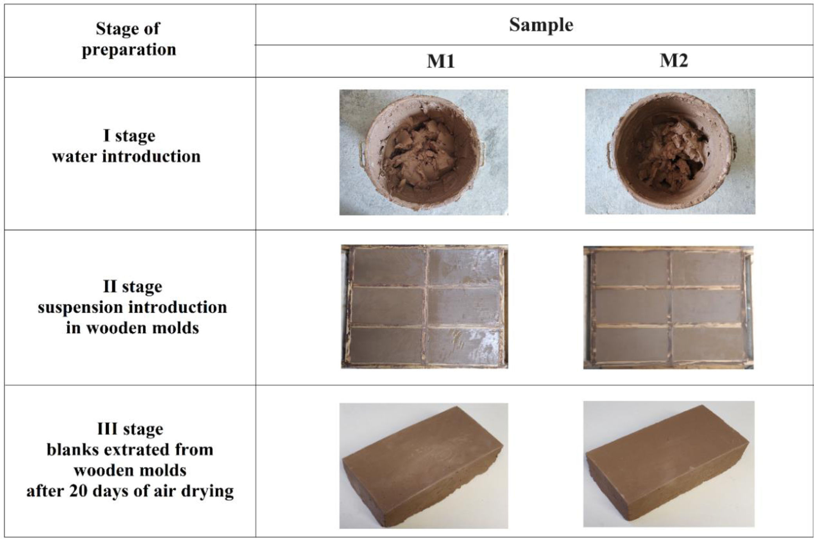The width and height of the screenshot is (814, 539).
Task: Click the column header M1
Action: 440,61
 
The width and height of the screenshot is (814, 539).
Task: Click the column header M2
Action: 673,61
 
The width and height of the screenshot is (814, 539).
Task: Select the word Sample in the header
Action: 541,25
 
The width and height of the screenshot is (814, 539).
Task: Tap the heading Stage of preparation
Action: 129,39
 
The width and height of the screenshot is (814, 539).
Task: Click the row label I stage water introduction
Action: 127,146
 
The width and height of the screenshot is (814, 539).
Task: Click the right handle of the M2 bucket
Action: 731,146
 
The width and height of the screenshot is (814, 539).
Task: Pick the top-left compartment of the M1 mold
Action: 388,267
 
